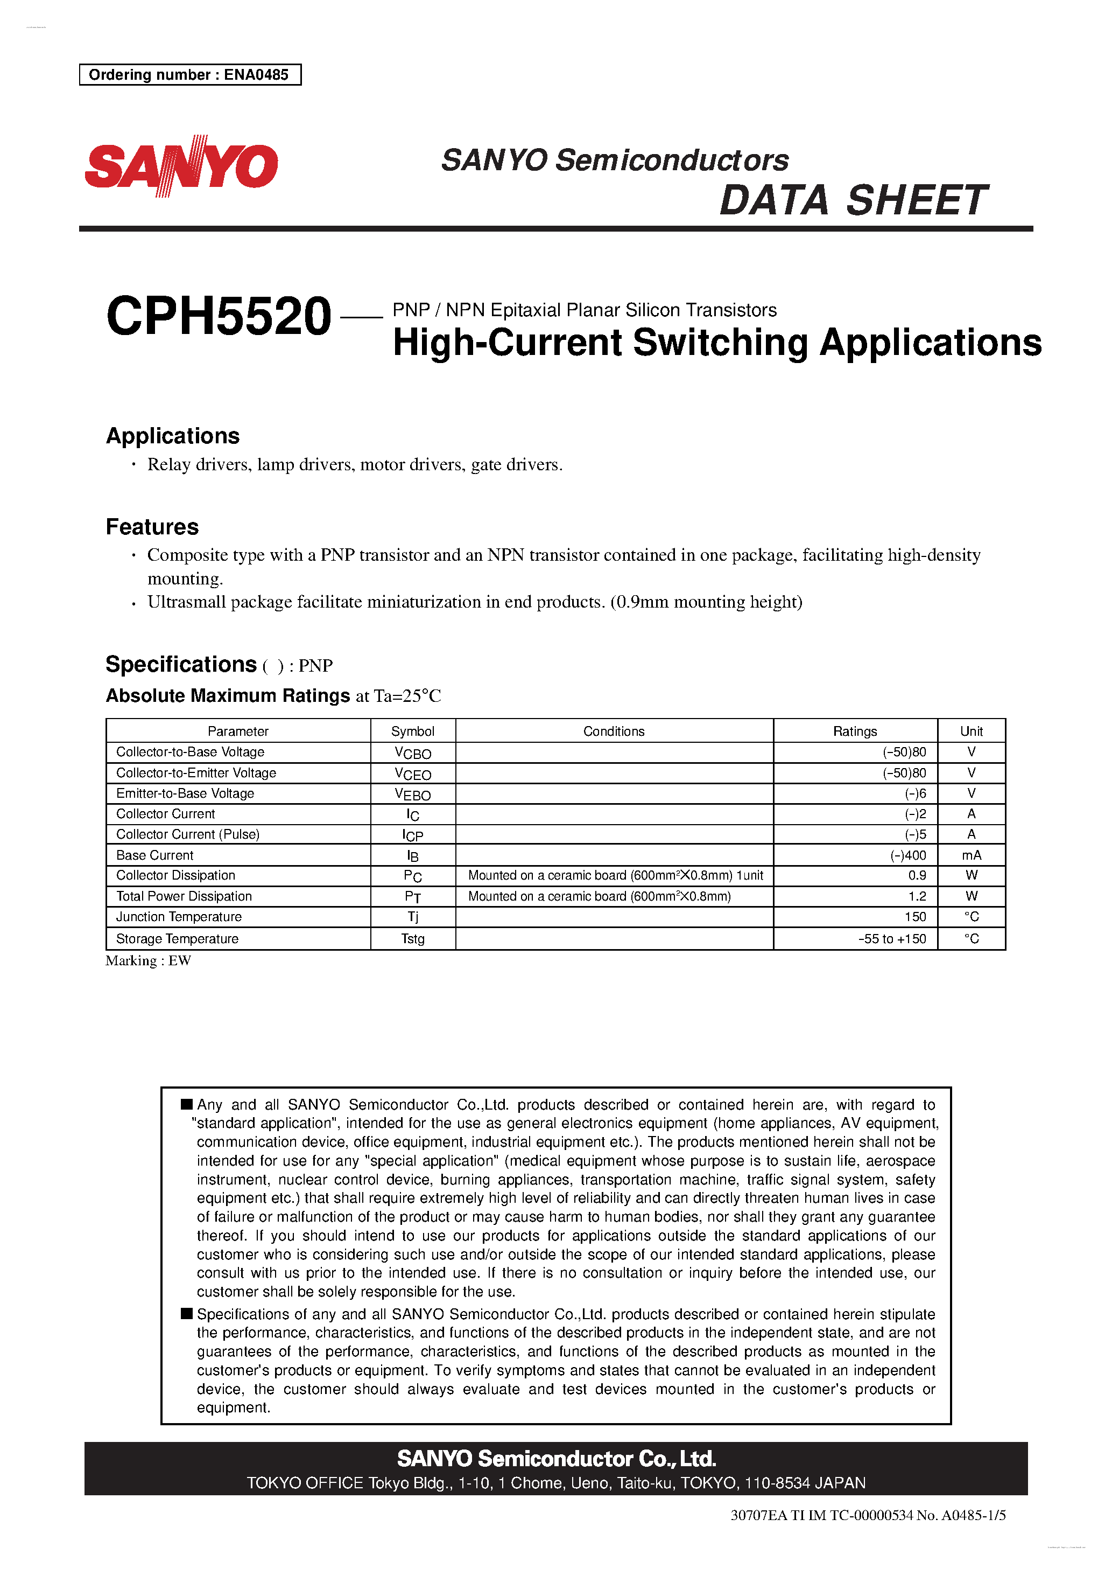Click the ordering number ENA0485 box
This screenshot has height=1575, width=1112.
tap(190, 75)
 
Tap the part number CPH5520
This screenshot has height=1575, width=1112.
tap(219, 316)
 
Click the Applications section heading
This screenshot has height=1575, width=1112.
tap(173, 436)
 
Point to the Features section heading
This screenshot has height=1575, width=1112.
tap(152, 527)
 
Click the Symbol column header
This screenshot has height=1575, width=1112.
tap(413, 731)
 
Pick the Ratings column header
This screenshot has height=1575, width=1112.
tap(854, 731)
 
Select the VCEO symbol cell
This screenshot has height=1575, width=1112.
tap(413, 774)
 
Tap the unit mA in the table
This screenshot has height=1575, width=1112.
tap(971, 855)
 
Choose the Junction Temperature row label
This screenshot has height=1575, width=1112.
tap(179, 917)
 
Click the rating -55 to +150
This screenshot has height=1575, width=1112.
tap(891, 939)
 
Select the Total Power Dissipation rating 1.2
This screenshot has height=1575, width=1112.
tap(917, 896)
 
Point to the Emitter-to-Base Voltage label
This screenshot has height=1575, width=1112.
tap(185, 793)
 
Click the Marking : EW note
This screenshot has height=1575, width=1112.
tap(148, 961)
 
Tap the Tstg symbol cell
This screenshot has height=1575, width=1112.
tap(413, 939)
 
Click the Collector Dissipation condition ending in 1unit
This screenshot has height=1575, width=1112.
tap(615, 876)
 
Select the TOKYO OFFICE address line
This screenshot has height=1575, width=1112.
tap(555, 1483)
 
